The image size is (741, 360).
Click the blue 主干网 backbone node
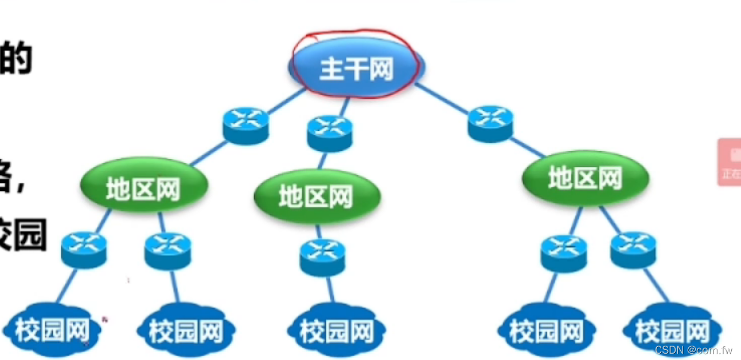[356, 68]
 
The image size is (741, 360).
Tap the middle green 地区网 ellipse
[317, 197]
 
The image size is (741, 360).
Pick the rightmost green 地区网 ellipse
[585, 178]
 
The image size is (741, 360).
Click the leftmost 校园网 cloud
[52, 331]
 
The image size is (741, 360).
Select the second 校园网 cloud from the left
[186, 331]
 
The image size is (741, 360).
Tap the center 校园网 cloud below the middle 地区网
[337, 331]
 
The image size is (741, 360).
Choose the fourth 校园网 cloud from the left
[547, 331]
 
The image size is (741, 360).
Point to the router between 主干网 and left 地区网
[245, 126]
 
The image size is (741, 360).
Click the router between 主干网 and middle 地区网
[330, 133]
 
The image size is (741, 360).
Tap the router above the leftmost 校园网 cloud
[84, 249]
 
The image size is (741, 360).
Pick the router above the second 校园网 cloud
[167, 251]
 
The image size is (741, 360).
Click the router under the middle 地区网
[322, 257]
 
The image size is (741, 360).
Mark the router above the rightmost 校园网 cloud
[633, 250]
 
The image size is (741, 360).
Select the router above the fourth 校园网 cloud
[563, 254]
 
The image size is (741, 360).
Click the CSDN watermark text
[693, 349]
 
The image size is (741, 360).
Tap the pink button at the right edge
[730, 162]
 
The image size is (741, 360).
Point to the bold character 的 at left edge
[16, 60]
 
